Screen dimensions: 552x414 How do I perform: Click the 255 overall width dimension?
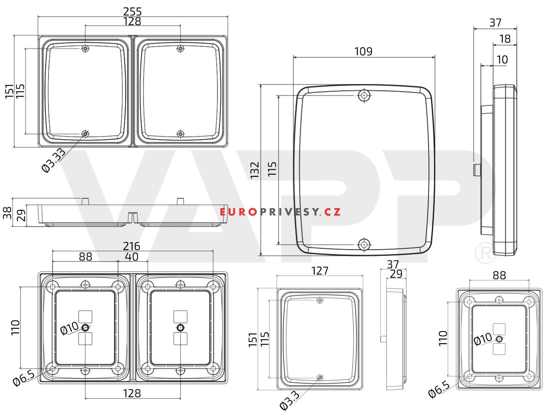pos(132,12)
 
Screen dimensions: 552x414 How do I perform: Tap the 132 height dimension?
pos(255,170)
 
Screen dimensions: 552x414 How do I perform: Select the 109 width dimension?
pos(363,51)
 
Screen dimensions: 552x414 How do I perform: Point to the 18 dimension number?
pos(505,39)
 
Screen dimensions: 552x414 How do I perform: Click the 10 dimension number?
pos(502,60)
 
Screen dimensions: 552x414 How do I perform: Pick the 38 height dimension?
pos(7,213)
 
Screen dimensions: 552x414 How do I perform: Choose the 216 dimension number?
pos(131,246)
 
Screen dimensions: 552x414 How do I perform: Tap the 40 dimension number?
pos(132,257)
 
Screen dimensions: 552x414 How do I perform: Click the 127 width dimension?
pos(320,271)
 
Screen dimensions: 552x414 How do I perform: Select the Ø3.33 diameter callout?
pos(53,160)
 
